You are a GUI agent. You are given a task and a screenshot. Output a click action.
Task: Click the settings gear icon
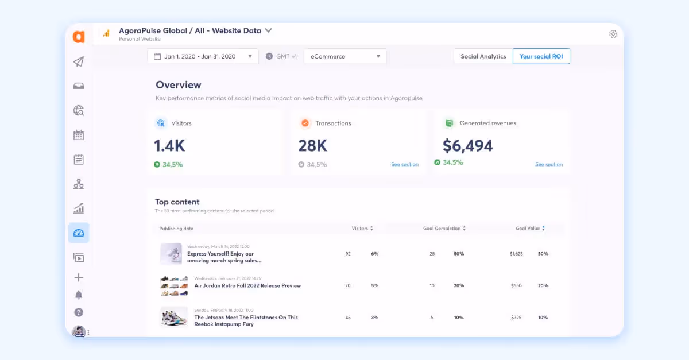tap(613, 34)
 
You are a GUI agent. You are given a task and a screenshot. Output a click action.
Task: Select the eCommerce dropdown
tap(345, 56)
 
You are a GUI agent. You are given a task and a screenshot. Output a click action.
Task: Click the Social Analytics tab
tap(483, 56)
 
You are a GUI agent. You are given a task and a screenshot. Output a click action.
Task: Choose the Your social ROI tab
tap(541, 56)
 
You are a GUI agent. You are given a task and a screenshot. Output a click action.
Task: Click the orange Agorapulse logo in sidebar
tap(79, 37)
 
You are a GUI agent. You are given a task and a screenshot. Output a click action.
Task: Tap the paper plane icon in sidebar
tap(79, 62)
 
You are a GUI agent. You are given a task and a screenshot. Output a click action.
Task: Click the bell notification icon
tap(79, 295)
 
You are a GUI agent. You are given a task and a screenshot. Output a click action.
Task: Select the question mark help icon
tap(79, 312)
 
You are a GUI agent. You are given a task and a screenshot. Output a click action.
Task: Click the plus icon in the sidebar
tap(79, 277)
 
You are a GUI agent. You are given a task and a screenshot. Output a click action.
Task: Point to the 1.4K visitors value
tap(169, 146)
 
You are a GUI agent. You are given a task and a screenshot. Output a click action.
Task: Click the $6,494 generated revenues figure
tap(467, 146)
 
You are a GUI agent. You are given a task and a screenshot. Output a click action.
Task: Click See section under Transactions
tap(405, 165)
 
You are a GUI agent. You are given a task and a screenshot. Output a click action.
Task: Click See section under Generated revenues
tap(549, 165)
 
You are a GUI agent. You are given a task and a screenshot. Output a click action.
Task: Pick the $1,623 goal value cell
tap(516, 254)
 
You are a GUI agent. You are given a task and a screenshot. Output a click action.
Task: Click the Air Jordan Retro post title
tap(247, 285)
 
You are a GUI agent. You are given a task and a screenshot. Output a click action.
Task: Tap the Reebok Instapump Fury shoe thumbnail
tap(173, 317)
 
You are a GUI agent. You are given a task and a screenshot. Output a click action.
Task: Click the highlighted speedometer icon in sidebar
tap(79, 233)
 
